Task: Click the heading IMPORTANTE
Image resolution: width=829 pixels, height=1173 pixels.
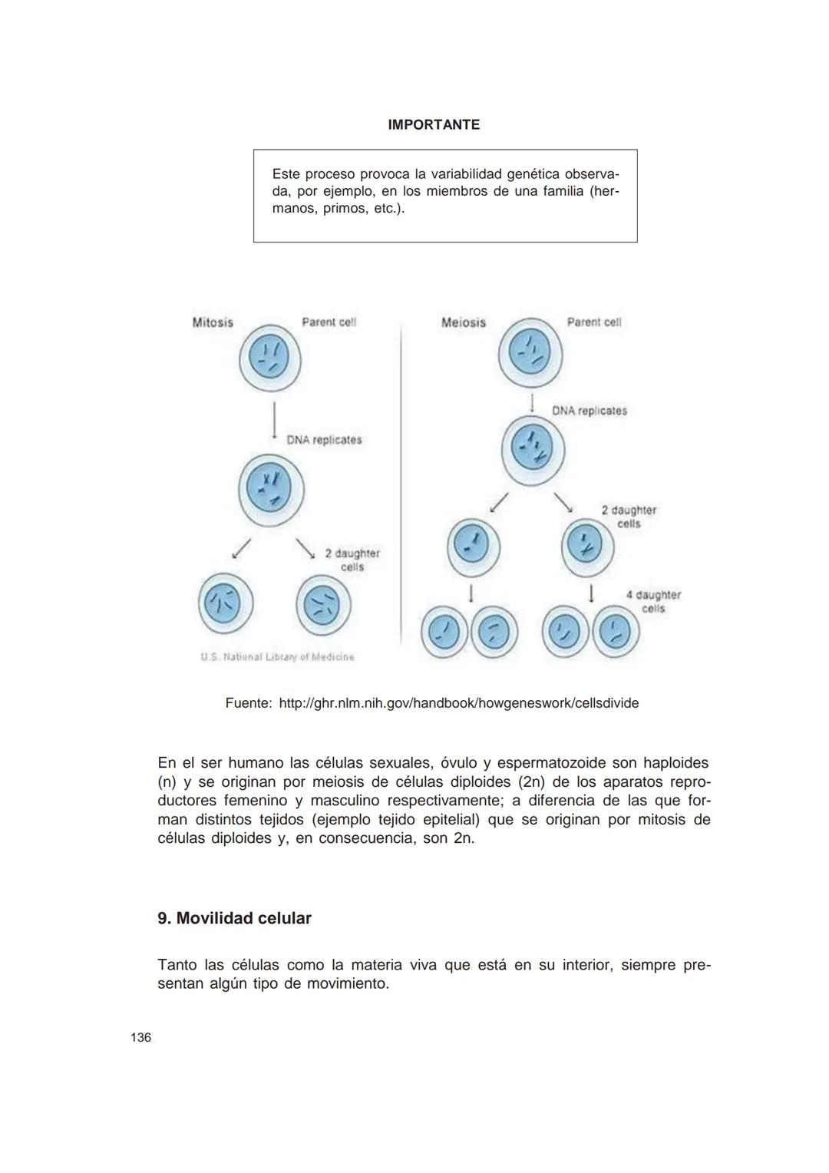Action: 434,125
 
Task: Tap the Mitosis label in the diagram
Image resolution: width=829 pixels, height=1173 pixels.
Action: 213,322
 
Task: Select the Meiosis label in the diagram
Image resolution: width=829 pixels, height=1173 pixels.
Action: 464,322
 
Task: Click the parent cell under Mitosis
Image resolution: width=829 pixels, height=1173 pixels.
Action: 269,359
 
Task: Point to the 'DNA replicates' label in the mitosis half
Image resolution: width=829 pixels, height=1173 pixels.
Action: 324,440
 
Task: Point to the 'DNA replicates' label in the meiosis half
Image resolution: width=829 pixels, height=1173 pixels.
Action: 589,411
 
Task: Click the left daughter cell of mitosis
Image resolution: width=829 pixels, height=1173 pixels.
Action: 226,603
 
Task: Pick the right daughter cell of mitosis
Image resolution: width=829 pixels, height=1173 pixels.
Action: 323,605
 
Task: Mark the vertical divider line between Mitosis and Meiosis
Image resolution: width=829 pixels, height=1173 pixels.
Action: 401,491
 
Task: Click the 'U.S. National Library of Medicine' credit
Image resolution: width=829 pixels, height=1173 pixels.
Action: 277,657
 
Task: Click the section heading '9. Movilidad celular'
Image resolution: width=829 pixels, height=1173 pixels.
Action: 234,919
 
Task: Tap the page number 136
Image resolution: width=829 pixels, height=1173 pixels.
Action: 141,1038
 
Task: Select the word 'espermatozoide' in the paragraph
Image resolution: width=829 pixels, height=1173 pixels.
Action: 551,764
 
